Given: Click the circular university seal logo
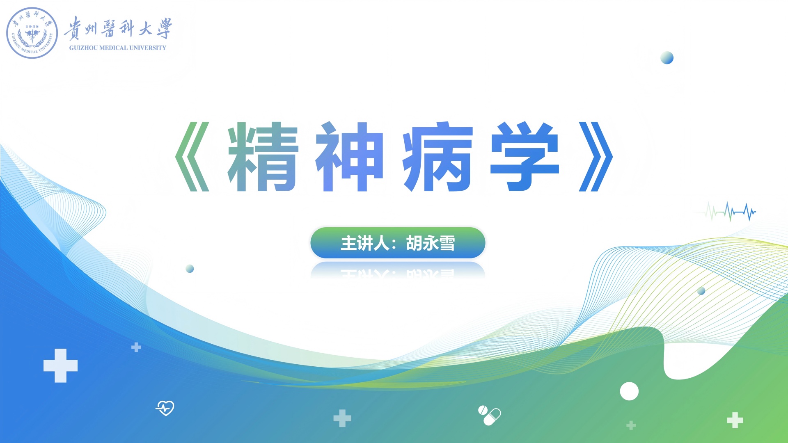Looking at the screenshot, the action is click(x=32, y=33).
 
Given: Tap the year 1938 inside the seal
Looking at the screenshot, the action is click(x=32, y=26).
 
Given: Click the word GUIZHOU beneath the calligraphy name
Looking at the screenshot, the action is click(x=83, y=48).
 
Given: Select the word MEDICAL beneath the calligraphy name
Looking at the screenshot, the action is click(x=114, y=48).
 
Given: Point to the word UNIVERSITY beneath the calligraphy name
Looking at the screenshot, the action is click(x=148, y=48).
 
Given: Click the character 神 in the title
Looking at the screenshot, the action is click(x=350, y=157).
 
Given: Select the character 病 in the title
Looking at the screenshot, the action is click(x=438, y=157).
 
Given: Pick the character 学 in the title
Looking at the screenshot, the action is click(x=525, y=157).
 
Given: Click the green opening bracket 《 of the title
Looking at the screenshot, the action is click(x=192, y=157).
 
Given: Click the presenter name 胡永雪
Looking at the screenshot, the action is click(x=431, y=243).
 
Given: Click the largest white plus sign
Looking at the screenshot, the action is click(x=60, y=365).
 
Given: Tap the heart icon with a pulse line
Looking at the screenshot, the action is click(x=165, y=408).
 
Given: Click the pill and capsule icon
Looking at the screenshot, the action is click(x=489, y=416).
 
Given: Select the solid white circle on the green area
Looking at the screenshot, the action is click(x=629, y=391).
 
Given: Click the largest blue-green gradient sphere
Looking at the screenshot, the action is click(x=667, y=58).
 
